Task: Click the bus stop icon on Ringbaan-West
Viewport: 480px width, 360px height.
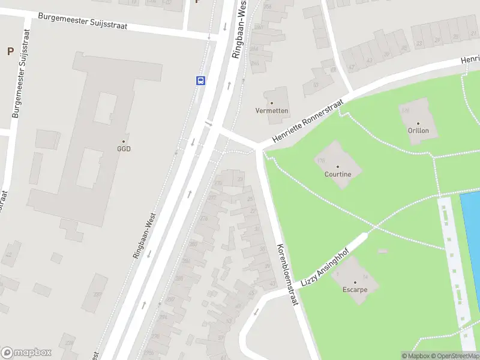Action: point(200,80)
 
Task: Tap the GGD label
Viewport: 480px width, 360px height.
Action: point(124,149)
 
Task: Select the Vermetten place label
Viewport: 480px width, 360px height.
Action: point(272,111)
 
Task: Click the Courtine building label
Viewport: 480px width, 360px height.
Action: point(337,175)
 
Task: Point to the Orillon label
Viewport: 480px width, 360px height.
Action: point(418,130)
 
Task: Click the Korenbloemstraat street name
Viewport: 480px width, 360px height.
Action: point(287,275)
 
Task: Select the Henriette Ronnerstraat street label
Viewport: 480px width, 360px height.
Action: point(308,121)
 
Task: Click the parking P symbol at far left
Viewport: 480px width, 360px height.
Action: point(10,52)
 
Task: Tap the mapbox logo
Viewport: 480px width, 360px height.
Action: point(26,352)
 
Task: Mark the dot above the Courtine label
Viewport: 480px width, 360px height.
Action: point(337,167)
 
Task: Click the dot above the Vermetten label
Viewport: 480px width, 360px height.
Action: point(272,103)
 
